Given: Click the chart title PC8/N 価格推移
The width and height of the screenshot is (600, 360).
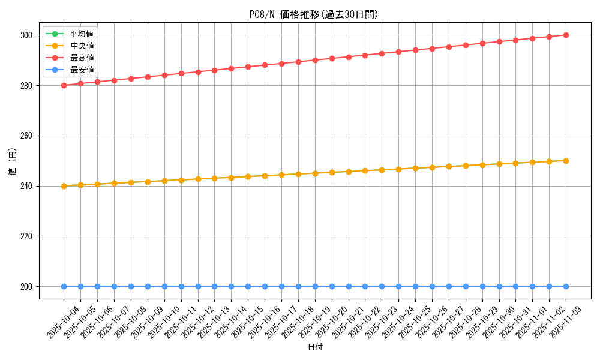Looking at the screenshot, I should (314, 14).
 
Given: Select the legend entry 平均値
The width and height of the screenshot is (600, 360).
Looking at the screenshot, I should (82, 34).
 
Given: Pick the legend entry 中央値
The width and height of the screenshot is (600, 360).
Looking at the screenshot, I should (82, 46).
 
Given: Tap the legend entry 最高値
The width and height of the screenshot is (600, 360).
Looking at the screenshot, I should (82, 58).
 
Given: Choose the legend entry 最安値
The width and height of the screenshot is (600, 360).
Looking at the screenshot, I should (82, 70).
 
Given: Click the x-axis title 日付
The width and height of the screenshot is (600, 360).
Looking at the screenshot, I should (315, 347).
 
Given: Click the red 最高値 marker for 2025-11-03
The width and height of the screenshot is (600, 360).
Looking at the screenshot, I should (566, 35).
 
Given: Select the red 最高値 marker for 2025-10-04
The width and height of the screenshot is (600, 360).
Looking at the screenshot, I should (64, 85).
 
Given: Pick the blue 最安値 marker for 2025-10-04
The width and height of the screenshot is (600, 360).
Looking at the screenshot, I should (64, 286).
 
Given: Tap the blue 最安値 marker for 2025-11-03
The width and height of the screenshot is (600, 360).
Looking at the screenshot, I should (566, 286).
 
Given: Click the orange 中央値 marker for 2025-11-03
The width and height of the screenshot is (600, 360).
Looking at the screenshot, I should (566, 161).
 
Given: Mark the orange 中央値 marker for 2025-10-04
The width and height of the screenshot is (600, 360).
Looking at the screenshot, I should (64, 186).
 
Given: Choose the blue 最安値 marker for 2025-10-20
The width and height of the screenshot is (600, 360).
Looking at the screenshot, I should (332, 286).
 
